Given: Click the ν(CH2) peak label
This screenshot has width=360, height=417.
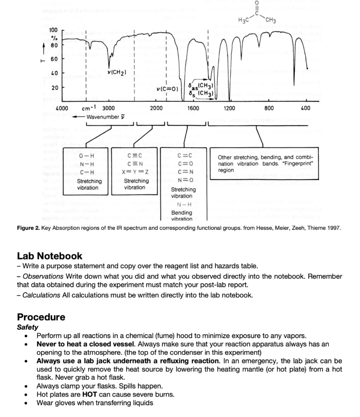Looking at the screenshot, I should [116, 72].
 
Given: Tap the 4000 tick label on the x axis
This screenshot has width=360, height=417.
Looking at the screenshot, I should [62, 108].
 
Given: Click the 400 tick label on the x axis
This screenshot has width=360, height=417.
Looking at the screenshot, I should [305, 108].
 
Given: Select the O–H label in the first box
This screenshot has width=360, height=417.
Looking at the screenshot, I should [87, 156].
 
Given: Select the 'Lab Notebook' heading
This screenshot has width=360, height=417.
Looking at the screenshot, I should [50, 256].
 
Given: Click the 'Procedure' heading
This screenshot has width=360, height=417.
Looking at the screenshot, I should [41, 317].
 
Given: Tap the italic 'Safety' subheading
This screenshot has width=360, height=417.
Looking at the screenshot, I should [28, 327].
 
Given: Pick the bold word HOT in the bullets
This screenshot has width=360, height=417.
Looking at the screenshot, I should [89, 395].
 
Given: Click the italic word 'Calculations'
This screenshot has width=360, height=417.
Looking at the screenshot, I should [41, 295].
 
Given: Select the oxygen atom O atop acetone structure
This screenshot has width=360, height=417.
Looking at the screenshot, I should [256, 3].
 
